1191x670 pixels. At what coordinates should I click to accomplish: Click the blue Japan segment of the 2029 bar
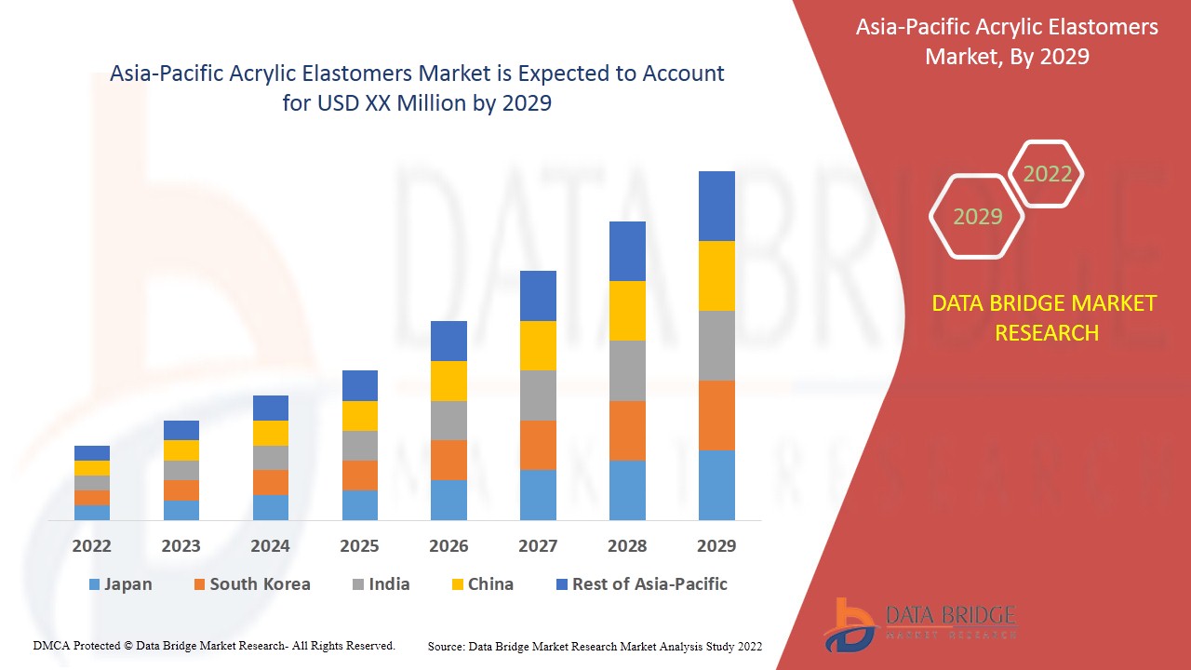click(x=716, y=485)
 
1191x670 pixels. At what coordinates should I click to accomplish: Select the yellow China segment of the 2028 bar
click(x=627, y=311)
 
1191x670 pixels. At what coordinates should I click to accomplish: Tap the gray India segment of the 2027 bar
click(x=538, y=395)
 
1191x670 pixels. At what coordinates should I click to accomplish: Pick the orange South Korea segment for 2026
click(x=448, y=460)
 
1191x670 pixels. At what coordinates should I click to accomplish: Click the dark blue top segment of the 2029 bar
click(x=716, y=206)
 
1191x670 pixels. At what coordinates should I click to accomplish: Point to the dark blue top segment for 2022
click(x=92, y=453)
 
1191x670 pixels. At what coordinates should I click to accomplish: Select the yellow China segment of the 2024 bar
click(x=271, y=433)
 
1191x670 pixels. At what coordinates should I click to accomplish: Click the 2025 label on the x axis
click(x=359, y=545)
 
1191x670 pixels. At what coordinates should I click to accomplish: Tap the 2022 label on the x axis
click(x=92, y=545)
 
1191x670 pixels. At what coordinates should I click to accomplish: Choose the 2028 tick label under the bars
click(x=627, y=545)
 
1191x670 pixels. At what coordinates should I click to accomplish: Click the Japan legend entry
click(x=120, y=584)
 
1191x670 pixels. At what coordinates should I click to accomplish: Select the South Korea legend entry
click(x=251, y=584)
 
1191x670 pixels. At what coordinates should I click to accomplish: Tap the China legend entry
click(x=481, y=584)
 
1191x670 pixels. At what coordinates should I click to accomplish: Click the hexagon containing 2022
click(x=1047, y=174)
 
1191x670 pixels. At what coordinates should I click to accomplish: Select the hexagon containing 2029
click(x=977, y=216)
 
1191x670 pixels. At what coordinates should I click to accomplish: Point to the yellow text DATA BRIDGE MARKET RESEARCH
click(x=1047, y=317)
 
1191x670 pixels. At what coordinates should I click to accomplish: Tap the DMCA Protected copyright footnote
click(x=214, y=645)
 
